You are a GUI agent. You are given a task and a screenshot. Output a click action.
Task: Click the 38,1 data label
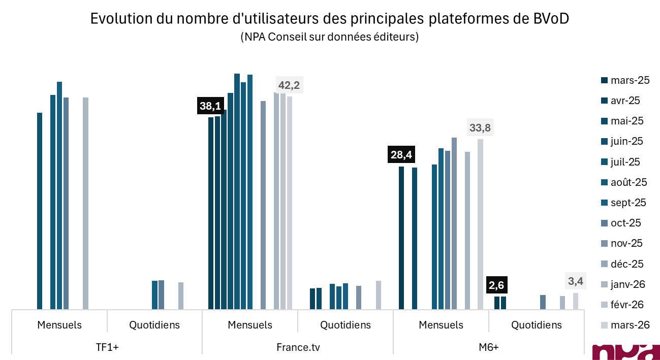click(x=210, y=106)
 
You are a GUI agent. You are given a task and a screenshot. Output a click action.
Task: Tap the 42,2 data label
click(x=289, y=85)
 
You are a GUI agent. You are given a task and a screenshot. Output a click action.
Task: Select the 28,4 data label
click(x=401, y=154)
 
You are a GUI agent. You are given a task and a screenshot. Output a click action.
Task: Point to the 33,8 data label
click(x=480, y=128)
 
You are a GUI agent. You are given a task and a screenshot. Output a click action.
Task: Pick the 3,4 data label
click(x=575, y=281)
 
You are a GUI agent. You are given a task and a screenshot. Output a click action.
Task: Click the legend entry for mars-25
click(x=624, y=80)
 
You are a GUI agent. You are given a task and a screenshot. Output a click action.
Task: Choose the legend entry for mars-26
click(x=624, y=325)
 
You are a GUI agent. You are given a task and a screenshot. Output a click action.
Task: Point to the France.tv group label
click(x=298, y=347)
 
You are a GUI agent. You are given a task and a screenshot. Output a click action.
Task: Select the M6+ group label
click(x=488, y=347)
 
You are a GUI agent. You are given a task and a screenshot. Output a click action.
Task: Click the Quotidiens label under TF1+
click(x=154, y=325)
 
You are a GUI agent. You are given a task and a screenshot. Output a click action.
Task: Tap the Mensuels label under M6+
click(x=441, y=325)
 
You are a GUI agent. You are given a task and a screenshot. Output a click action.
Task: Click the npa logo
click(x=625, y=351)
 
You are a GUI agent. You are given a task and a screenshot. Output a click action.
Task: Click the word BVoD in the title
click(x=551, y=19)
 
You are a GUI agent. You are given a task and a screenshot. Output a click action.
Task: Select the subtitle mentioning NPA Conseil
click(x=330, y=37)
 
